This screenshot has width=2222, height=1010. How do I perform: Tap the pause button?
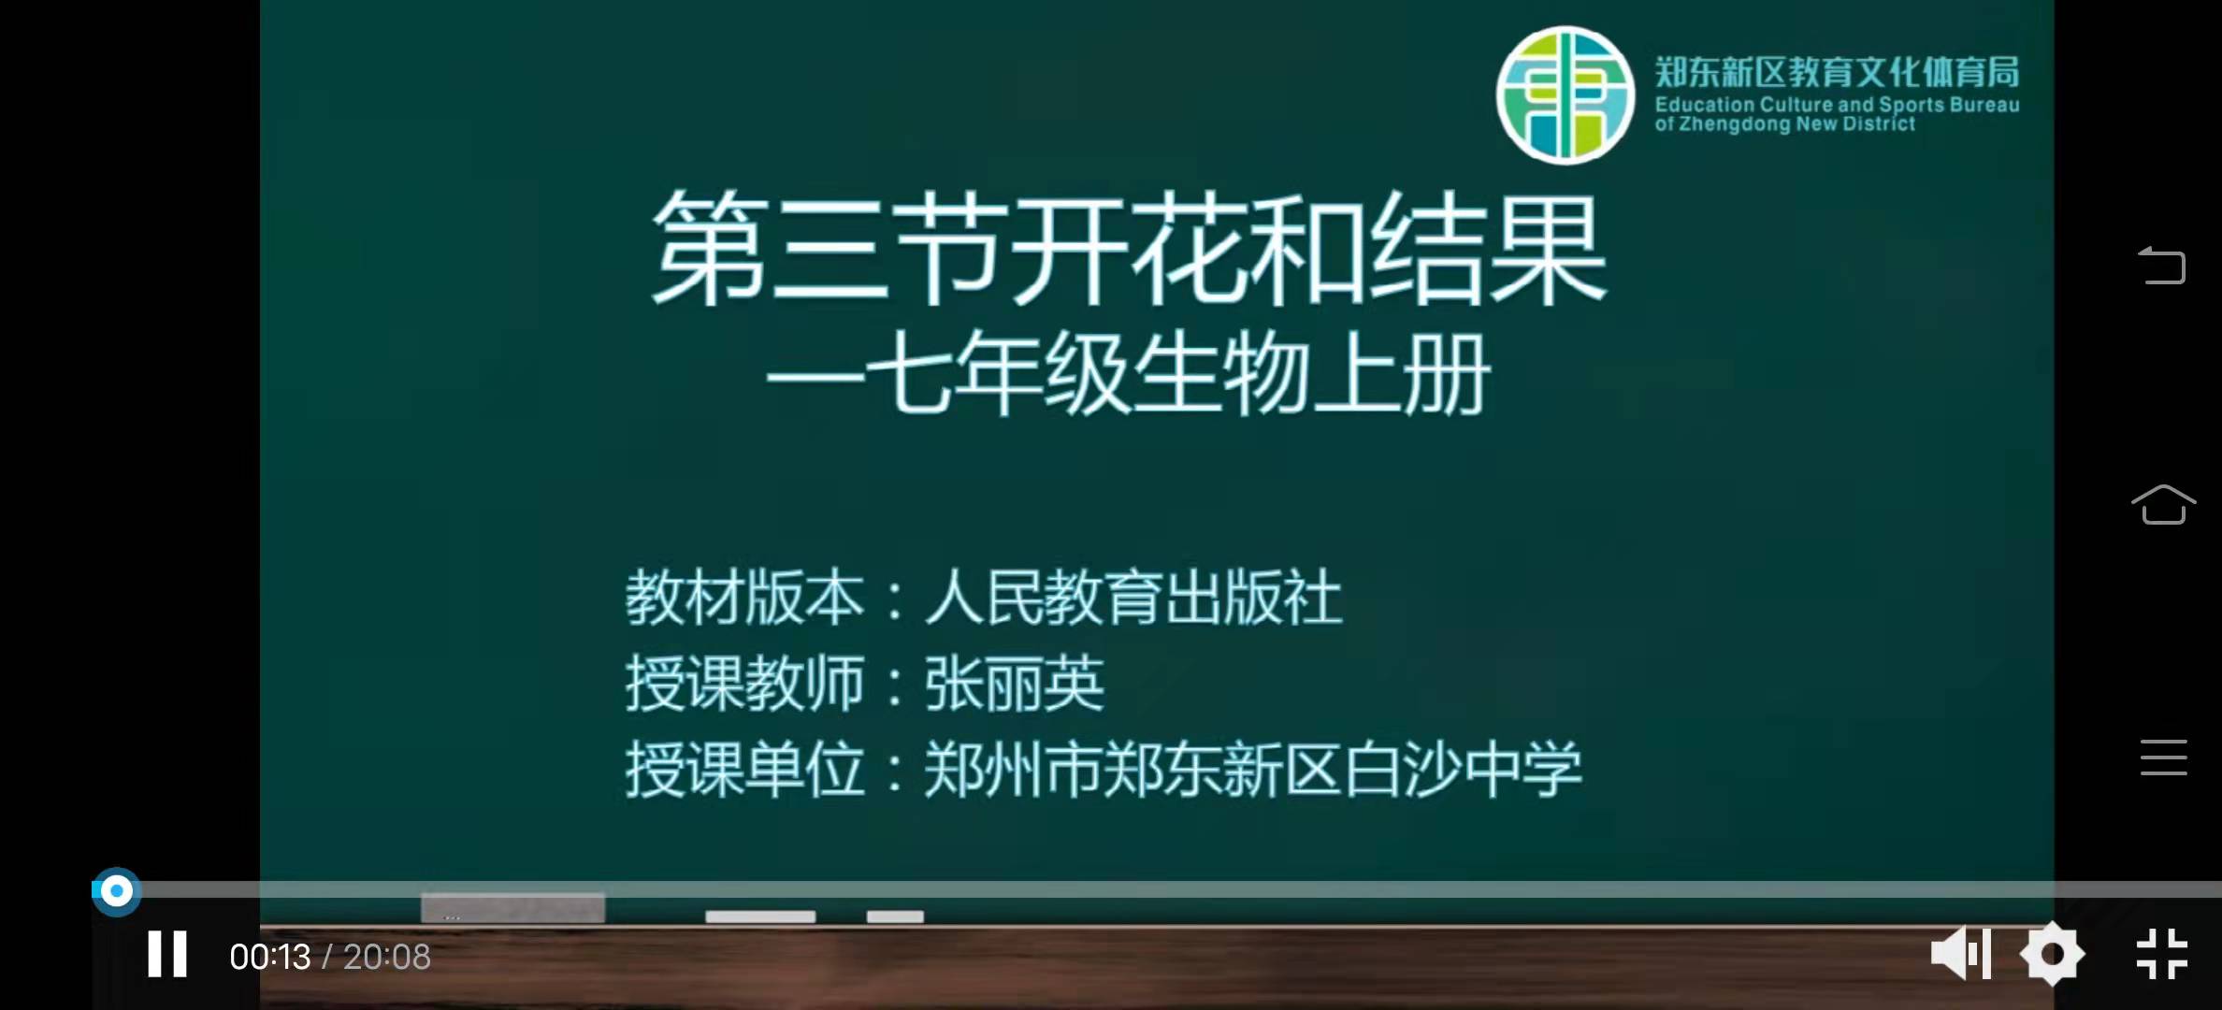(167, 955)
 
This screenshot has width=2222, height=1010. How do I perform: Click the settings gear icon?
(2052, 955)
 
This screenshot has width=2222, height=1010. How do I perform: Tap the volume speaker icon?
(1961, 955)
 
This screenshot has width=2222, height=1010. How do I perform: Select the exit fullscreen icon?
(2162, 955)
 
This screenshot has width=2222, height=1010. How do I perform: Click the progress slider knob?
(116, 891)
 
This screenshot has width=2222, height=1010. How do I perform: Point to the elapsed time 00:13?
(270, 957)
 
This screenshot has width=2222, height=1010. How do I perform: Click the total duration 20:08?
(387, 957)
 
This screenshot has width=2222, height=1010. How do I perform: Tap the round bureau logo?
(1565, 95)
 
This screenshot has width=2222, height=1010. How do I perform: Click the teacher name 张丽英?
(1015, 684)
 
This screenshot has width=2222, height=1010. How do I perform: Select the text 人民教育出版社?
(1133, 598)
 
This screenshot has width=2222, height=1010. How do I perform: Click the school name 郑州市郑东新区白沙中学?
(1253, 770)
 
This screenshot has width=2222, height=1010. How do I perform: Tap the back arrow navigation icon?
(2162, 265)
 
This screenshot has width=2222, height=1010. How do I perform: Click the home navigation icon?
(2163, 505)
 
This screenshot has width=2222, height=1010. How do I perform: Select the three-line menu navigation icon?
(2163, 757)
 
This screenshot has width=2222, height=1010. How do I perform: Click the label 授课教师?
(745, 684)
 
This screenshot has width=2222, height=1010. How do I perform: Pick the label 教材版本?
(745, 598)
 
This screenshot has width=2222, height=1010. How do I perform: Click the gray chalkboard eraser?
(512, 907)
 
